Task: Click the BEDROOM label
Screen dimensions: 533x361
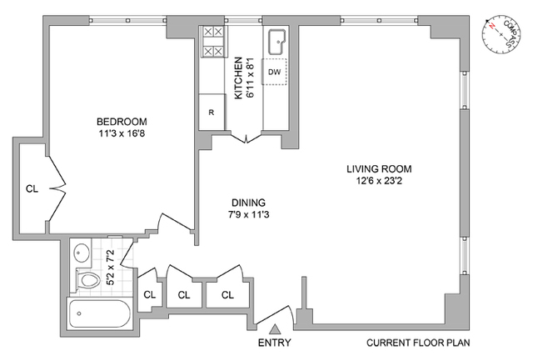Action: (x=122, y=122)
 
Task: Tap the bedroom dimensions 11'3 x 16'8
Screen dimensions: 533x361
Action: (x=122, y=133)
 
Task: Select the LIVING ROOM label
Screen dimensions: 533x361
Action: (x=379, y=168)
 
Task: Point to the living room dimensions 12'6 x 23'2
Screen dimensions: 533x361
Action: (x=379, y=181)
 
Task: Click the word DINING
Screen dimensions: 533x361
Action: (x=248, y=203)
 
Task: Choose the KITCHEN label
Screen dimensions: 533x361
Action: (x=239, y=78)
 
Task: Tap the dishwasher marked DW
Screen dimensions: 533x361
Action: (x=274, y=72)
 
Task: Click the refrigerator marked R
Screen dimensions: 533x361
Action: (x=212, y=112)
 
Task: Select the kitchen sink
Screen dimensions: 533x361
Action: (x=277, y=43)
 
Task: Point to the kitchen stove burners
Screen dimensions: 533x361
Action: (x=213, y=42)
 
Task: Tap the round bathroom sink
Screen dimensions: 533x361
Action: (x=82, y=253)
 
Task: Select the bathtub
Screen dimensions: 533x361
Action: (x=99, y=313)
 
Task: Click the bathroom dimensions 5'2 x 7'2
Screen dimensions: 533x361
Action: (x=112, y=267)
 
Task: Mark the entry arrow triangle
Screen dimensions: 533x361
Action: (x=274, y=329)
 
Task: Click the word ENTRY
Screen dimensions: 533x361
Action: (x=274, y=343)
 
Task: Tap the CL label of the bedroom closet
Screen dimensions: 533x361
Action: (x=32, y=188)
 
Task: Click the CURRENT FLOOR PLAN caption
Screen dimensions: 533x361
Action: (x=418, y=343)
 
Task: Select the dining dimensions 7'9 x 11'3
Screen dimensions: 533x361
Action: (x=248, y=215)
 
